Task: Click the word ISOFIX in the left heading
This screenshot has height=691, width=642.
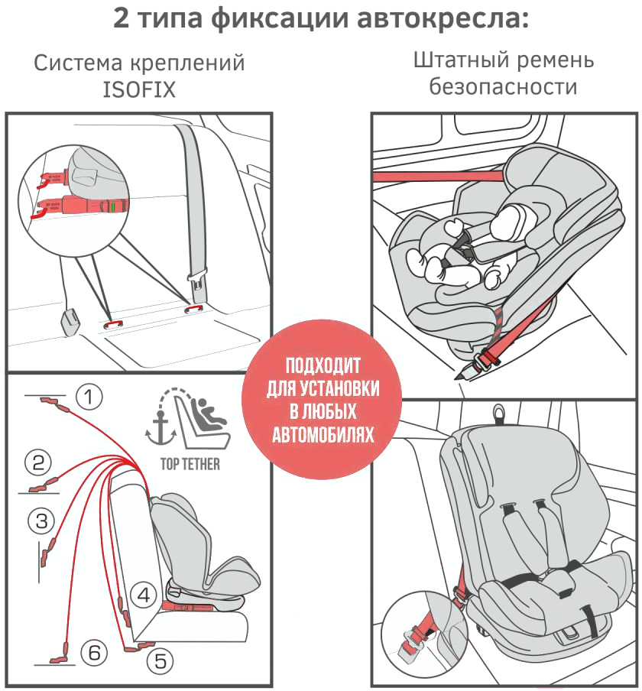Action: click(139, 89)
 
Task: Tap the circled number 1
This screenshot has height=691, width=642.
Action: click(89, 397)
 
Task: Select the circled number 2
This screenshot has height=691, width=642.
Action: click(38, 462)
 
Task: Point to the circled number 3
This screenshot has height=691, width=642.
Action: click(41, 521)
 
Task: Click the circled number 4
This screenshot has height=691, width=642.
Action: click(144, 595)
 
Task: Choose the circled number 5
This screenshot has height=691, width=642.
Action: click(160, 661)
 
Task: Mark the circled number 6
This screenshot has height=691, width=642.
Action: click(94, 652)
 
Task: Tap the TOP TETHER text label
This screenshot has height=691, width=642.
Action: click(190, 464)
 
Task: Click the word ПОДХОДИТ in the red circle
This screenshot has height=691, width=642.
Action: click(323, 366)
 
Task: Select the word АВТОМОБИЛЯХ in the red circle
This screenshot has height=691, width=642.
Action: click(323, 434)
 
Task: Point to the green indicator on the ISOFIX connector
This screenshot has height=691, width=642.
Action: click(113, 206)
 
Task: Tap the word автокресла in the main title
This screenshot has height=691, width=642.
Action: click(443, 18)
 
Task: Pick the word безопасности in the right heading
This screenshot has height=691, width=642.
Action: click(503, 86)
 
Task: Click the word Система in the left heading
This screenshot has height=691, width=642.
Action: click(78, 63)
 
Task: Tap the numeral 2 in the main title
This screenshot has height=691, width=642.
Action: click(122, 18)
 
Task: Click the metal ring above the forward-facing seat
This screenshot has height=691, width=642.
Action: click(498, 414)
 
